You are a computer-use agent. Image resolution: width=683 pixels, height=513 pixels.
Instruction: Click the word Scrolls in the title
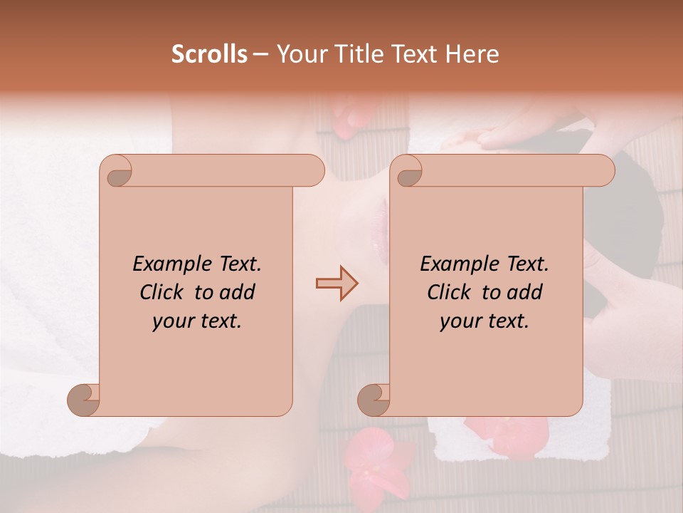tap(209, 54)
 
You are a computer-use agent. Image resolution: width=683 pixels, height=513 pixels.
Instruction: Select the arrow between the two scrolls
tap(337, 284)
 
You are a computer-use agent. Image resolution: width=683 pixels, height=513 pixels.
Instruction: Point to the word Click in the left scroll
tap(164, 292)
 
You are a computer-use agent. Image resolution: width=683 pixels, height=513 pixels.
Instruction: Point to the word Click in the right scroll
tap(451, 292)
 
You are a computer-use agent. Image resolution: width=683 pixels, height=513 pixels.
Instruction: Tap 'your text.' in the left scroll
tap(196, 321)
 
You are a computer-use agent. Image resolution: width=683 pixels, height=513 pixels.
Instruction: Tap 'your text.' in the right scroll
tap(484, 321)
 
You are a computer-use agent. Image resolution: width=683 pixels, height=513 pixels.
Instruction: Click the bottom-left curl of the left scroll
tap(84, 400)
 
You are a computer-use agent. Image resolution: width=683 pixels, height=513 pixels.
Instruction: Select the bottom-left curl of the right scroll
tap(374, 400)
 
